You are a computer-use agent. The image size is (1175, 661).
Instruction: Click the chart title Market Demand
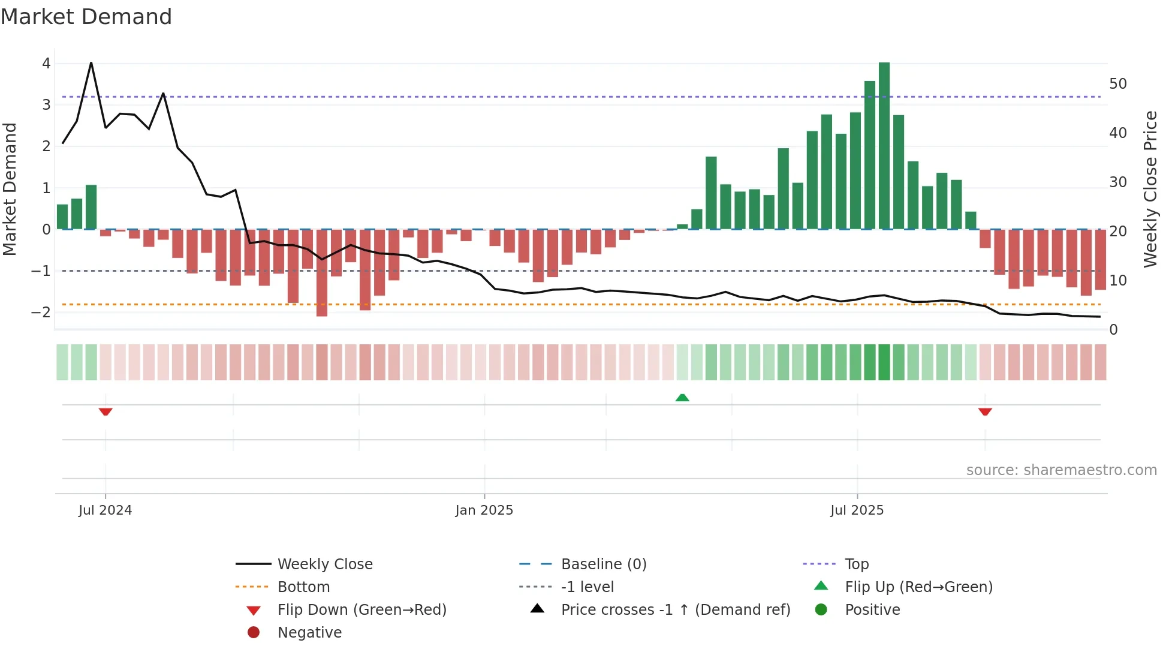coord(86,17)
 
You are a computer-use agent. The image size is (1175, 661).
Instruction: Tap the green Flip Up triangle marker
coord(682,397)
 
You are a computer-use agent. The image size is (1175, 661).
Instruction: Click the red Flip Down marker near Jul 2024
coord(106,411)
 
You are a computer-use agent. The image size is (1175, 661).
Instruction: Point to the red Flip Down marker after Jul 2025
coord(985,411)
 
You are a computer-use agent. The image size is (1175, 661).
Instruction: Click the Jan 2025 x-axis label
coord(484,510)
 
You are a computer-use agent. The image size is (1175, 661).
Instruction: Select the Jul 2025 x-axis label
coord(857,510)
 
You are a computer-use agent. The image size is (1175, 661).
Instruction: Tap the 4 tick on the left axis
coord(46,64)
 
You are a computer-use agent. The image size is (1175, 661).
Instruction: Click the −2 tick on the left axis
coord(41,313)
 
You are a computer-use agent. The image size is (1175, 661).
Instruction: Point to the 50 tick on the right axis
coord(1117,84)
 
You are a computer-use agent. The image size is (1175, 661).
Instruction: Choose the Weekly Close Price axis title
coord(1150,189)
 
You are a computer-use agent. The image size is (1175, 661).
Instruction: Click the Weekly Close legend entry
coord(324,564)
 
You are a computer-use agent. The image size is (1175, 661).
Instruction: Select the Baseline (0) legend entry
coord(603,564)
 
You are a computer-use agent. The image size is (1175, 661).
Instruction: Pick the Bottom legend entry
coord(303,587)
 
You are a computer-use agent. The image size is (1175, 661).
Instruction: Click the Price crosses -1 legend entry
coord(675,610)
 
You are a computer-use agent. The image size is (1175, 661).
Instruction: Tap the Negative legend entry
coord(309,633)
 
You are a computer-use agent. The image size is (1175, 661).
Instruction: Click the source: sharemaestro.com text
coord(1061,470)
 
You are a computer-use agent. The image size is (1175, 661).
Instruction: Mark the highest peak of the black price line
coord(91,62)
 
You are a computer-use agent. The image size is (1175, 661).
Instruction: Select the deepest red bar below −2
coord(322,273)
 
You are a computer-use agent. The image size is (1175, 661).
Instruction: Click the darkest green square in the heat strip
coord(884,362)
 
